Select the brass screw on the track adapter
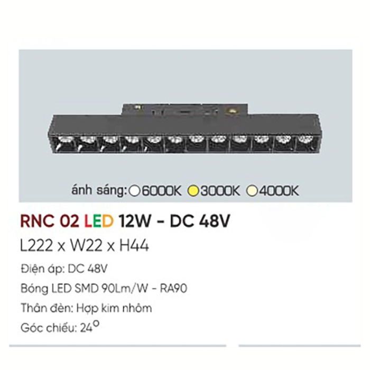click(x=231, y=110)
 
